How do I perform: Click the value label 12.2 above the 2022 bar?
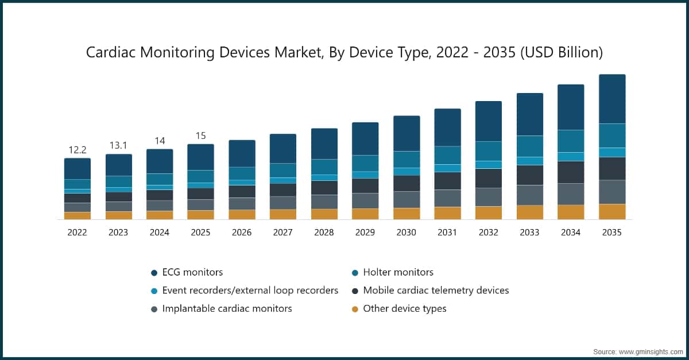pos(78,150)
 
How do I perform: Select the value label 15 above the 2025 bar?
pos(200,136)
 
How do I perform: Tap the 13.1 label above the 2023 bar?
pos(118,145)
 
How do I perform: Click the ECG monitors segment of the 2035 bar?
pos(612,99)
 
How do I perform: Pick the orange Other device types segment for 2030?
pos(407,214)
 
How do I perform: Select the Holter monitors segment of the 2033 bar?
pos(530,146)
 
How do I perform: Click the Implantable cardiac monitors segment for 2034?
pos(571,194)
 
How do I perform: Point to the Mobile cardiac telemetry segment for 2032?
pos(489,178)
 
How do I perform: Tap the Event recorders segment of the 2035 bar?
pos(612,152)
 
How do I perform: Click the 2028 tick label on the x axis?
pos(324,233)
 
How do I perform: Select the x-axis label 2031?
pos(447,233)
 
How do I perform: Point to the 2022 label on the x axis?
pos(78,233)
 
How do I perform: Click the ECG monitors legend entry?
pos(192,272)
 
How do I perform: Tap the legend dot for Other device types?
pos(355,309)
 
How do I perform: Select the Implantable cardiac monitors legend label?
pos(227,308)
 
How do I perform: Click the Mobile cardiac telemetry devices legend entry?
pos(436,291)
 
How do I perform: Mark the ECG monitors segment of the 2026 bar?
pos(242,153)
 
